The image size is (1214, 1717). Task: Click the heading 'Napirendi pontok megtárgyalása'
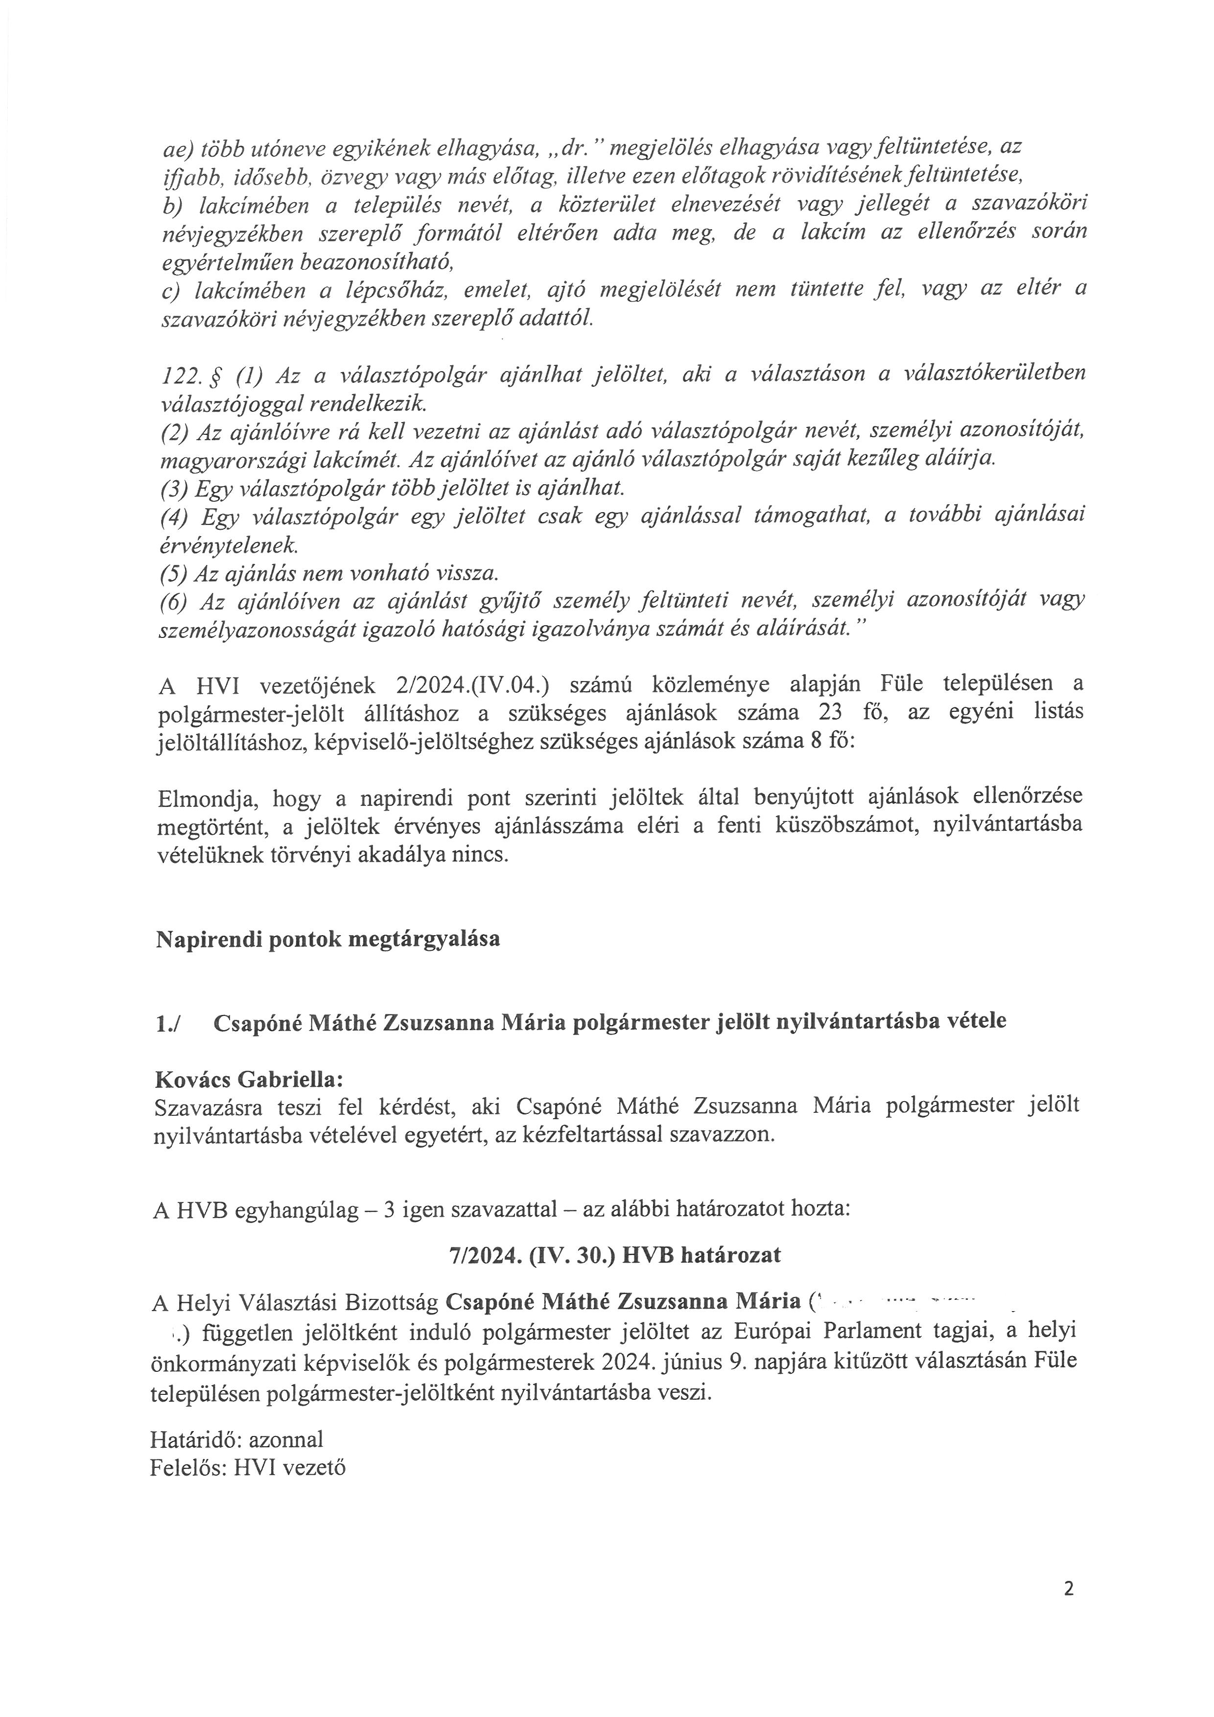(327, 939)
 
